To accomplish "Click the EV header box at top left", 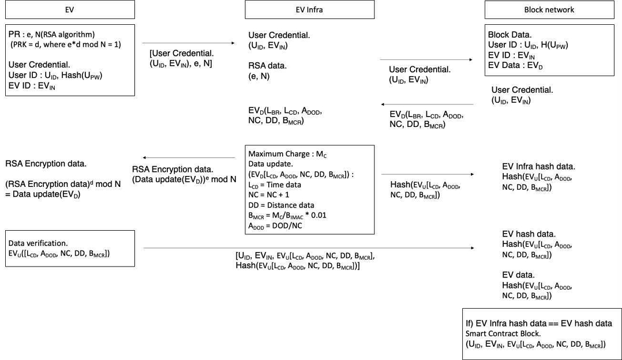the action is click(70, 9).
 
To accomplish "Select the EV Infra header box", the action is click(309, 9).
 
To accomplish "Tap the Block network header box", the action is click(549, 9).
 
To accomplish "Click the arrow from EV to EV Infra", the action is click(189, 43).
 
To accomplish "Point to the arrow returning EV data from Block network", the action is click(427, 104).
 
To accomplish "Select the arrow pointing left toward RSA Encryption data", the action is click(189, 158).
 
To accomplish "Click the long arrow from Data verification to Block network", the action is click(309, 248).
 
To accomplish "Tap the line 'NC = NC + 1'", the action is click(268, 194).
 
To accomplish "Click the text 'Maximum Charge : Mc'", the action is click(287, 154).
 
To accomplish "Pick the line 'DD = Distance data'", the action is click(281, 205).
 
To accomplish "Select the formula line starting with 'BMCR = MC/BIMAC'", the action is click(287, 215).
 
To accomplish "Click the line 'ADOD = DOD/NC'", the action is click(275, 226).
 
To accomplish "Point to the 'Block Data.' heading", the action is click(509, 35).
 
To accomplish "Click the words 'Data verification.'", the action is click(38, 243).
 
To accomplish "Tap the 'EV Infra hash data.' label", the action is click(538, 167).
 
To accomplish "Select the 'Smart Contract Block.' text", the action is click(503, 333).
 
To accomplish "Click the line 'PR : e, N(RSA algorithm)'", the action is click(51, 35).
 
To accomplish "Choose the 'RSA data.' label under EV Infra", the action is click(267, 65).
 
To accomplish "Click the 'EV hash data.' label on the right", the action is click(529, 234).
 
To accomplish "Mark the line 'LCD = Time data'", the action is click(275, 185).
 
